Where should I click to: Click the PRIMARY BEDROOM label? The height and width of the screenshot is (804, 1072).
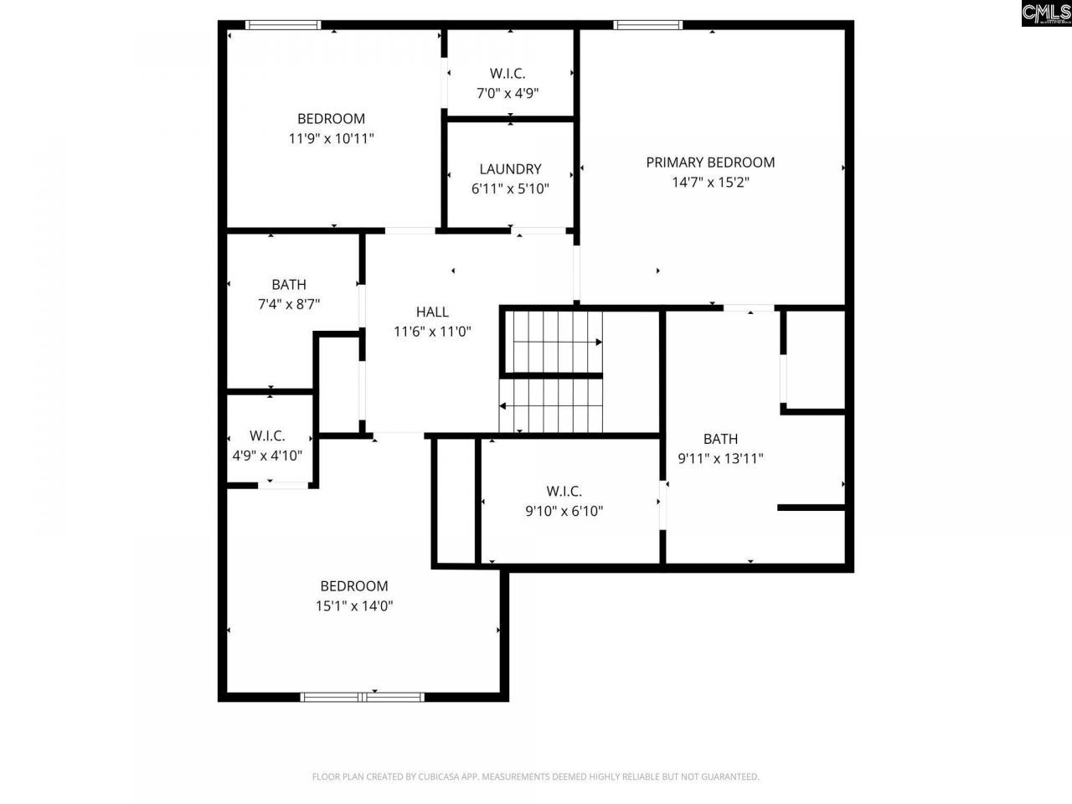pos(710,162)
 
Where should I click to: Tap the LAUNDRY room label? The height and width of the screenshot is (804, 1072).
pos(510,169)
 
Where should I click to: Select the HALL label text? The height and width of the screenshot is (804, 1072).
pos(432,312)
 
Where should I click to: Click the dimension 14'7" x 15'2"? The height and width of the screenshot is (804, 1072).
pos(710,183)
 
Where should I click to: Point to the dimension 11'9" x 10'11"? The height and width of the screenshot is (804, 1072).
pos(331,139)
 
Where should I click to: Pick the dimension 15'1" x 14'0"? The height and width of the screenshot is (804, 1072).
pos(354,606)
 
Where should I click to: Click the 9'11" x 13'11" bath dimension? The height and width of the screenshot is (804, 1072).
pos(720,459)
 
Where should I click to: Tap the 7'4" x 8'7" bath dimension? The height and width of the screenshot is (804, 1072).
pos(289,305)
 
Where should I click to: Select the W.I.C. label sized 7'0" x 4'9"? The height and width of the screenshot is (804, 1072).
pos(508,74)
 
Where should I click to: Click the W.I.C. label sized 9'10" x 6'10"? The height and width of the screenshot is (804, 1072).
pos(564,492)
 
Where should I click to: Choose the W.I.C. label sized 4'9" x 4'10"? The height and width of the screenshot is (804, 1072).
pos(267,436)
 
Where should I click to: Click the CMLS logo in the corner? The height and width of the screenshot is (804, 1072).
pos(1046,13)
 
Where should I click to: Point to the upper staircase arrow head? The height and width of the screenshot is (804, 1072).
pos(599,342)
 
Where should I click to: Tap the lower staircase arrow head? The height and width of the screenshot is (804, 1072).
pos(503,405)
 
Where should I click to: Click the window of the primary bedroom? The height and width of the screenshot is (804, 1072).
pos(647,25)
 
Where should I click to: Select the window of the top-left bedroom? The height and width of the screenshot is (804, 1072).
pos(283,25)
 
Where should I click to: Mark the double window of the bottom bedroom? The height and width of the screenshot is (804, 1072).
pos(363,696)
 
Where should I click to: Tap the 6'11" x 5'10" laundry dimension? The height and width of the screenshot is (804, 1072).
pos(510,189)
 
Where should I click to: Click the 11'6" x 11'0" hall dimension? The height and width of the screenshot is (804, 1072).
pos(432,332)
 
